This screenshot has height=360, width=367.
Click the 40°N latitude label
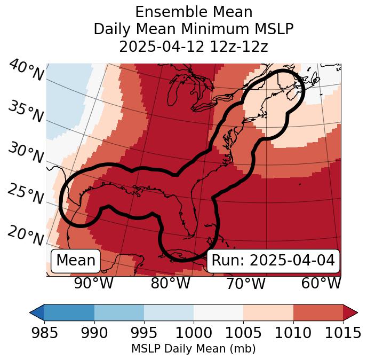point(26,71)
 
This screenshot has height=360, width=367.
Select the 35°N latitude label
point(26,111)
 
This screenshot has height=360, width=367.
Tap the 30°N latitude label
point(26,153)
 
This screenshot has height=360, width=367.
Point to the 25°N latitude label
point(26,194)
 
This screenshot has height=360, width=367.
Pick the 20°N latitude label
point(26,236)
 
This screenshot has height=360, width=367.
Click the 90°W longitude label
point(93,283)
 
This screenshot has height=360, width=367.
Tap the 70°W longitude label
point(246,283)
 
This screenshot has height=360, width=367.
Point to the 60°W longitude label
point(321,283)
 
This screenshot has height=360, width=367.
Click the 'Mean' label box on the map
point(76,261)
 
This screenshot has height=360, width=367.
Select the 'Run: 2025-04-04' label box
point(273,261)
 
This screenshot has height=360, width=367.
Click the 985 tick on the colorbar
point(44,333)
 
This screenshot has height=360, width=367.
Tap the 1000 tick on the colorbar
point(194,333)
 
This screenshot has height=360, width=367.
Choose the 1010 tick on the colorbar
point(293,333)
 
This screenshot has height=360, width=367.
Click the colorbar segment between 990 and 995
point(119,312)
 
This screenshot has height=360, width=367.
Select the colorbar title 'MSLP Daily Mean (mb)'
point(193,349)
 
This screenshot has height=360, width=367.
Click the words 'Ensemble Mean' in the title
point(193,12)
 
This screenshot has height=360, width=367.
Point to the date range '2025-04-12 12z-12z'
point(193,47)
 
